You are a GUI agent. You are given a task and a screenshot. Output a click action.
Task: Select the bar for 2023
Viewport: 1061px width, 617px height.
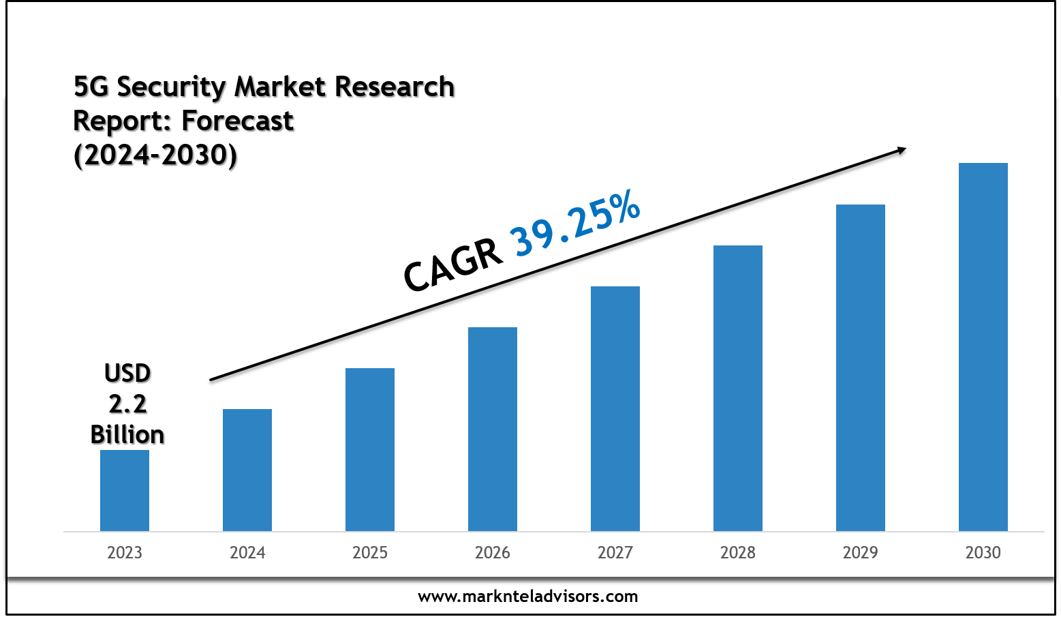(x=125, y=490)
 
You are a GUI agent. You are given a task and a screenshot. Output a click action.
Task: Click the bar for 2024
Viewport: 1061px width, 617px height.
(x=247, y=470)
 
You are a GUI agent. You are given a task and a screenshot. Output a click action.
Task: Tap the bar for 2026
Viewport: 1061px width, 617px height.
(x=493, y=429)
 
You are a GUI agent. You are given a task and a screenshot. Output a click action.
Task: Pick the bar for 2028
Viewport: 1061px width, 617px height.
(x=738, y=388)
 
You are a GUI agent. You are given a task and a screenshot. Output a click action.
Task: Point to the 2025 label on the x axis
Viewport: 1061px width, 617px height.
(x=370, y=552)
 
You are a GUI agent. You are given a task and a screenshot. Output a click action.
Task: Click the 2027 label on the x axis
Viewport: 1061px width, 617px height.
(x=615, y=552)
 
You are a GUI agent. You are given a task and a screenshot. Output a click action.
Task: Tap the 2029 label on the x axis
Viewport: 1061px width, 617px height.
(x=861, y=552)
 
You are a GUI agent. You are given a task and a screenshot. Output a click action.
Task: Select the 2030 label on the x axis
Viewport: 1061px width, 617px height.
(x=983, y=552)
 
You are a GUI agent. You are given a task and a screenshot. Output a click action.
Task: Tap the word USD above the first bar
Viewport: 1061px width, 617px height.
(x=127, y=374)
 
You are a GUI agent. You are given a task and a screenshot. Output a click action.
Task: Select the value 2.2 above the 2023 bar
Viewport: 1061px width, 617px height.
(x=127, y=404)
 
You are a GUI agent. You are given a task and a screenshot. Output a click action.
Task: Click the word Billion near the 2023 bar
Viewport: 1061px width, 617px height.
(x=127, y=435)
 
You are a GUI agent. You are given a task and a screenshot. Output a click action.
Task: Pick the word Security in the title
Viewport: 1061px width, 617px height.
(x=171, y=87)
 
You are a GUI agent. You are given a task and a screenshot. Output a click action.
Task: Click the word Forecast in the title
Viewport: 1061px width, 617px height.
(x=238, y=121)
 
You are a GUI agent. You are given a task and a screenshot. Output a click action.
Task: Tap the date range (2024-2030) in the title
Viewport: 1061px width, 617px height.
(x=155, y=155)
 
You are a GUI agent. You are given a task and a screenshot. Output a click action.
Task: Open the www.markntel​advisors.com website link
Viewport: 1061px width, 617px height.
(x=528, y=597)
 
